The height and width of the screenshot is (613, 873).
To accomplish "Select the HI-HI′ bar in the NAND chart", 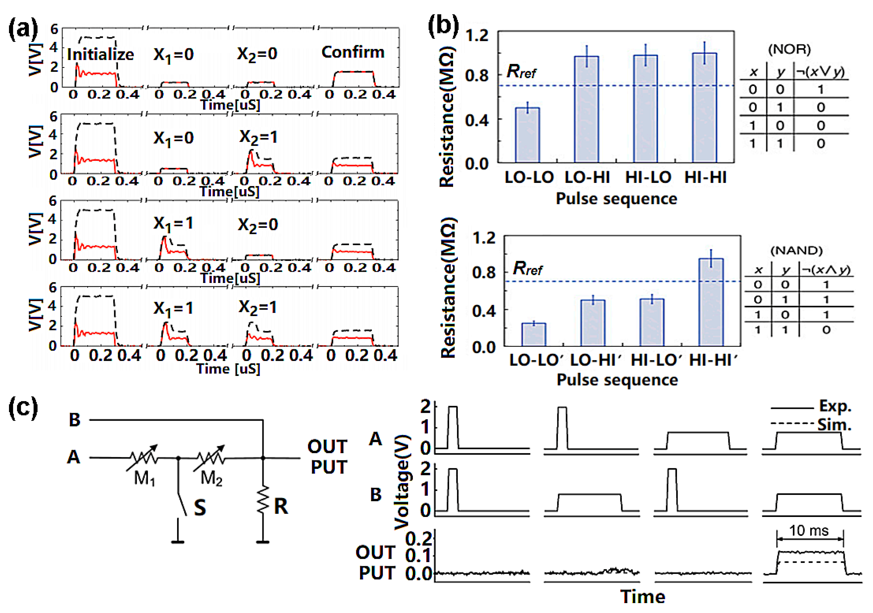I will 711,302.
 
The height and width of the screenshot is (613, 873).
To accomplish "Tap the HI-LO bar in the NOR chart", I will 646,109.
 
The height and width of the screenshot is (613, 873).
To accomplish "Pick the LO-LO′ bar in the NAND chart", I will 534,335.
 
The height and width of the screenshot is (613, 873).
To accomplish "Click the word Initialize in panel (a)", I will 100,54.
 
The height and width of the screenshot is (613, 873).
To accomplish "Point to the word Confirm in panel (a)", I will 353,52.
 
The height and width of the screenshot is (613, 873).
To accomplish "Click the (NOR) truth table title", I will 790,49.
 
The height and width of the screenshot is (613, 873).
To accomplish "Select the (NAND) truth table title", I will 796,251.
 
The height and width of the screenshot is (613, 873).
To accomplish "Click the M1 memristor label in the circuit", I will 144,478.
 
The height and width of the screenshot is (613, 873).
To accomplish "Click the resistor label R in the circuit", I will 281,506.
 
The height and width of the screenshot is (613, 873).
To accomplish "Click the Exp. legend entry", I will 835,406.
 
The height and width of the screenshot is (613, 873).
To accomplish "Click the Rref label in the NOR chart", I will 521,71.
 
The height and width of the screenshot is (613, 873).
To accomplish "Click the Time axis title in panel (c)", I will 643,597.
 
